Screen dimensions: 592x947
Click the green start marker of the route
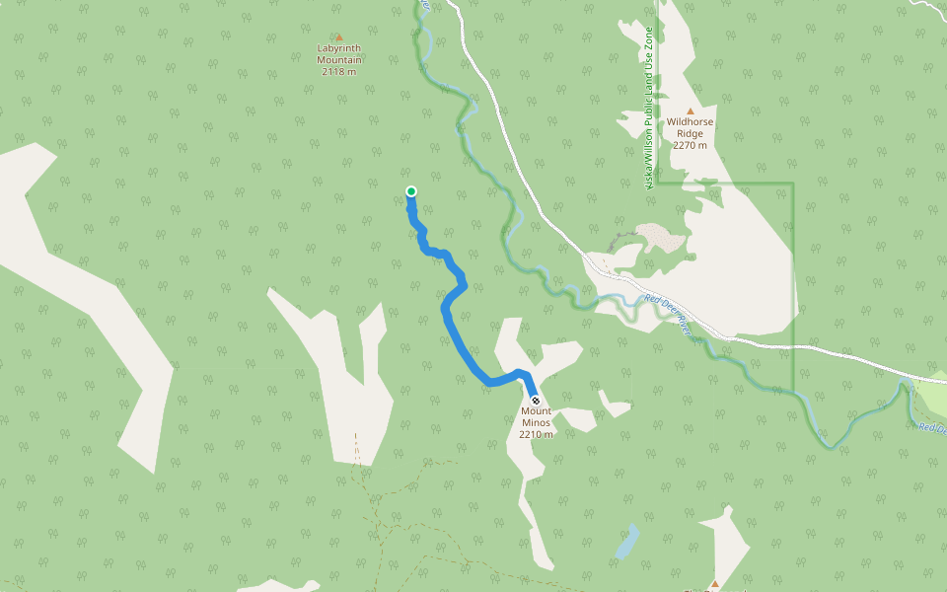(x=410, y=191)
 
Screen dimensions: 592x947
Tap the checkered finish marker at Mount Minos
(x=536, y=401)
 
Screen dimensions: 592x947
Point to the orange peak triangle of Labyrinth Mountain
(x=338, y=37)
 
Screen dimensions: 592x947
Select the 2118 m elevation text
(x=338, y=72)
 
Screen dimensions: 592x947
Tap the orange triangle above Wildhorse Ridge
(x=690, y=111)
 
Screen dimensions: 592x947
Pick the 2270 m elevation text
(x=690, y=145)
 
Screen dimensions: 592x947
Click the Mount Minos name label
(x=536, y=416)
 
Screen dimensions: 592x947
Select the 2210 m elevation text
(x=536, y=434)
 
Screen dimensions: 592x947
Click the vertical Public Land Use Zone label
(x=648, y=109)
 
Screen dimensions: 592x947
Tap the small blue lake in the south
(x=626, y=542)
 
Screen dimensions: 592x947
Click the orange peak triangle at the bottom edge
(x=715, y=584)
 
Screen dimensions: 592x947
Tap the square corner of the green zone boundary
(x=793, y=184)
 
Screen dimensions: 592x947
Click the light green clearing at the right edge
(x=932, y=396)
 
